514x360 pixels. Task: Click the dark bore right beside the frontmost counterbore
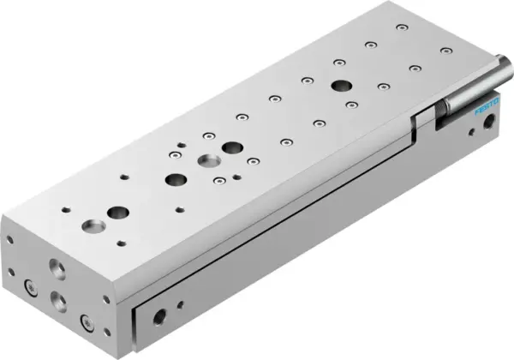[x=117, y=212]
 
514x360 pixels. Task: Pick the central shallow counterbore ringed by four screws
[x=206, y=160]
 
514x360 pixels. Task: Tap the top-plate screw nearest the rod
[x=445, y=50]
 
